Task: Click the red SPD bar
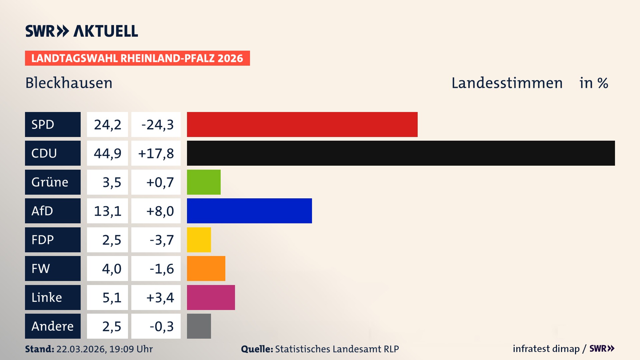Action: point(302,124)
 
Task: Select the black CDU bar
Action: point(401,153)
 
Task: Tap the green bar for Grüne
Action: point(204,182)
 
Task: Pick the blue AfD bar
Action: point(249,211)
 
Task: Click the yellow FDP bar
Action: point(199,240)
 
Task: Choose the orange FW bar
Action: point(206,268)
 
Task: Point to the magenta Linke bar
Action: point(211,297)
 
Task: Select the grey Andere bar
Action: point(199,326)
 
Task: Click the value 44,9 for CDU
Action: point(107,153)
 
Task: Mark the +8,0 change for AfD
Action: point(160,211)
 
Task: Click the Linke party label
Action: point(47,297)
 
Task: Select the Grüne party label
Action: point(50,182)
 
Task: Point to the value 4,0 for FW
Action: point(112,269)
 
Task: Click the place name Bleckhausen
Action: point(69,83)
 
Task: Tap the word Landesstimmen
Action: point(507,83)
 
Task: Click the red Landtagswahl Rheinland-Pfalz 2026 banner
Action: point(137,58)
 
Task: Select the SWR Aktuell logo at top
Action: point(82,31)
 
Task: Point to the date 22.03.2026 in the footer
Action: point(81,349)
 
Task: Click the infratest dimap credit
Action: point(546,349)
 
